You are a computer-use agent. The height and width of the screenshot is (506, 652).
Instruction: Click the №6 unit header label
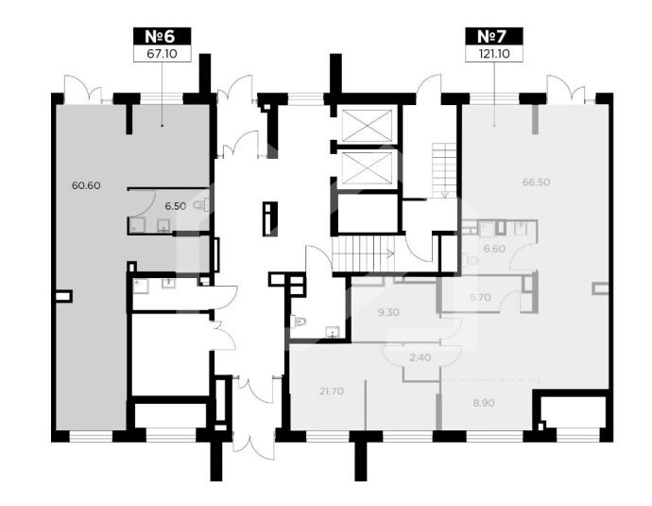[x=163, y=36]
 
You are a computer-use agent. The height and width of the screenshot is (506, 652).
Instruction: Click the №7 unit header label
[x=493, y=36]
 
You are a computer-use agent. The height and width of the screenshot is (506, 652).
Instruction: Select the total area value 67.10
[x=163, y=54]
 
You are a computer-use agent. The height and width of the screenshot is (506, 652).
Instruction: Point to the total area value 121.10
[x=494, y=54]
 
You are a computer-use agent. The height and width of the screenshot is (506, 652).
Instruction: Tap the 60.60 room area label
[x=86, y=185]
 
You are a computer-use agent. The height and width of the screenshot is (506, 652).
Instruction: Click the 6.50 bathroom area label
[x=175, y=206]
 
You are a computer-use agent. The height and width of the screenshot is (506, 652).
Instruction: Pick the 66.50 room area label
[x=537, y=183]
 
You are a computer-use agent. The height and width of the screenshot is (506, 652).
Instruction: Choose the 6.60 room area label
[x=494, y=249]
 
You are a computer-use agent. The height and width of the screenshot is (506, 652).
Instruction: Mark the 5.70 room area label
[x=480, y=298]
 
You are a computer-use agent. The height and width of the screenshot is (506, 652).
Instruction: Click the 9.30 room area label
[x=388, y=312]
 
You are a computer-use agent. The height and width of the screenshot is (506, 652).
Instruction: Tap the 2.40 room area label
[x=420, y=358]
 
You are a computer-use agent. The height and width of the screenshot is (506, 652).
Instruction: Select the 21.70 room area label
[x=332, y=392]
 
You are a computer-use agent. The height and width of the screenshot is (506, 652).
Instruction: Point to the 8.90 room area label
[x=484, y=403]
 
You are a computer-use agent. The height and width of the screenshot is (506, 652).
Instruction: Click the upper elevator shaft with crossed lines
[x=367, y=125]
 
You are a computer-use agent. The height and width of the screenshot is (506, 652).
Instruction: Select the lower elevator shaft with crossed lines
[x=367, y=167]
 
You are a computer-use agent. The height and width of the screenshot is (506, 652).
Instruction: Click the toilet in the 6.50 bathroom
[x=202, y=204]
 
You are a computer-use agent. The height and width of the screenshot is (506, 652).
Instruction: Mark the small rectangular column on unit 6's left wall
[x=63, y=296]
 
